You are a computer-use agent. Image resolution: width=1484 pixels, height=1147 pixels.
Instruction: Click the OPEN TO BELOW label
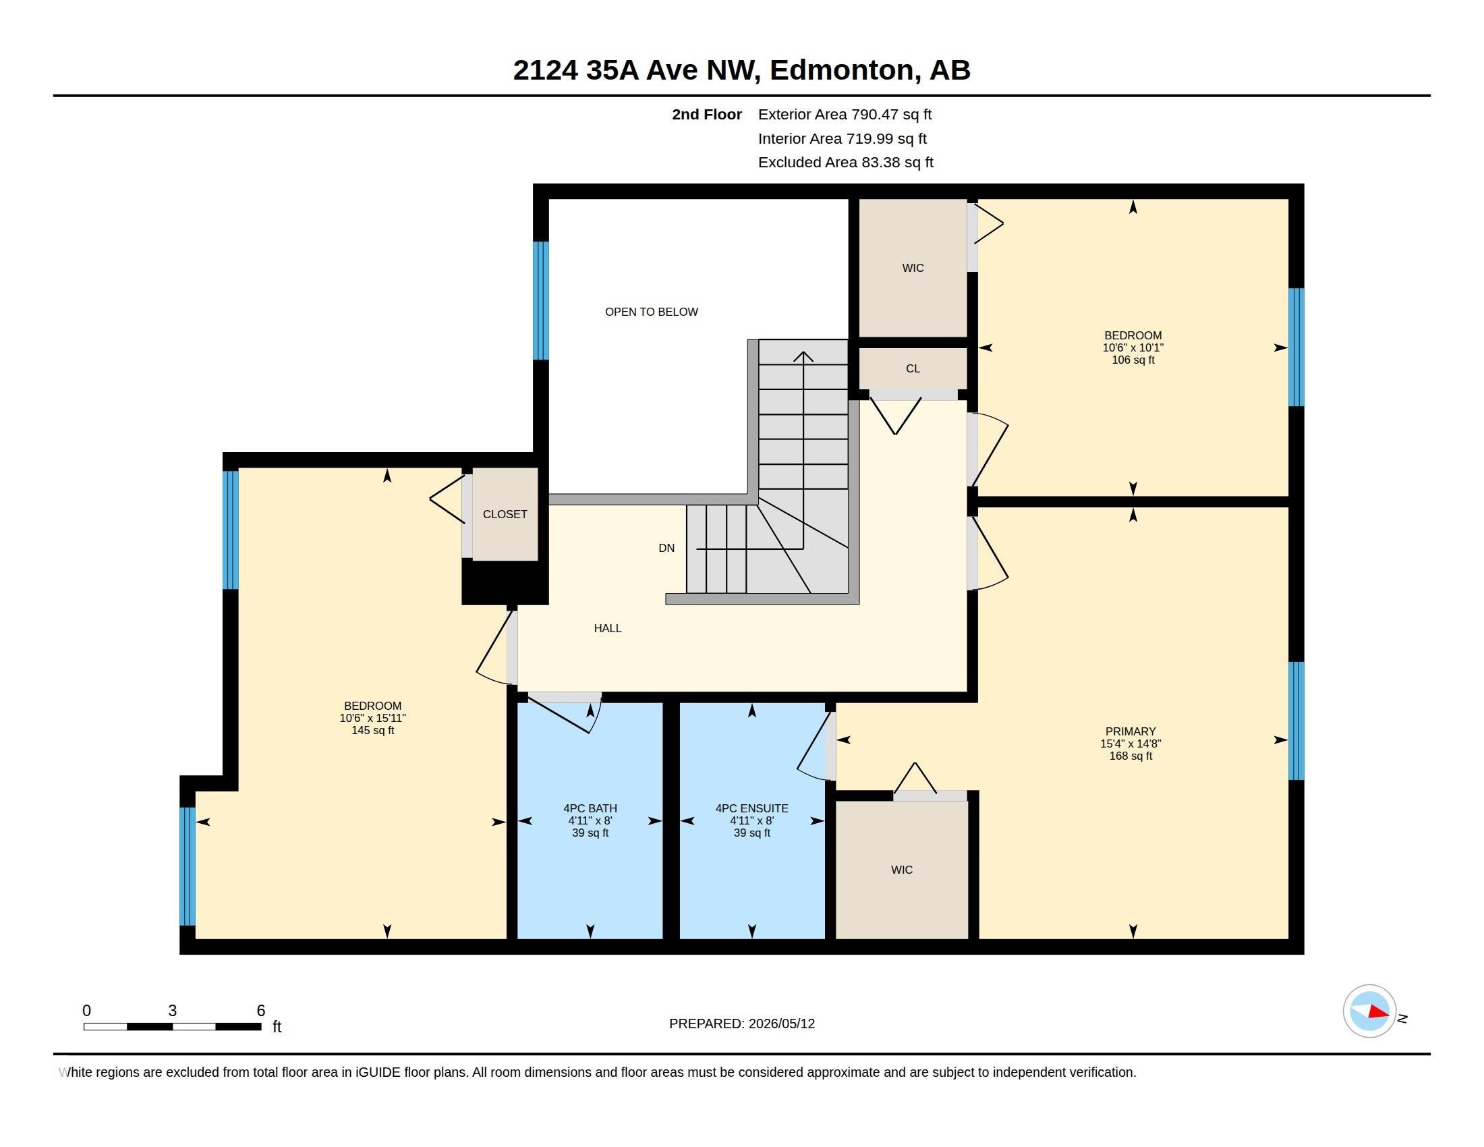click(x=651, y=312)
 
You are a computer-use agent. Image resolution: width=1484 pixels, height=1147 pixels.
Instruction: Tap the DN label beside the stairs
click(x=666, y=549)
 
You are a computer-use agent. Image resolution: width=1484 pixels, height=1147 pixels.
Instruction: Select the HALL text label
click(x=608, y=629)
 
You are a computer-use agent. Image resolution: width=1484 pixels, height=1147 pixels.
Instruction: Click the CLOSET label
click(x=505, y=514)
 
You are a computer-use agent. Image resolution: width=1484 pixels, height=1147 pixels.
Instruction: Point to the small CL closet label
click(x=913, y=368)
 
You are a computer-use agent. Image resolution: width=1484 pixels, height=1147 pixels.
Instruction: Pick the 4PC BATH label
click(x=590, y=808)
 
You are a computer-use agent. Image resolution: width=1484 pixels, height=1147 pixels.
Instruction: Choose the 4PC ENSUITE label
click(x=751, y=808)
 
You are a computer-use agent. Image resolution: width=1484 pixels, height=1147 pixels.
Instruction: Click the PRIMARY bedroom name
click(x=1131, y=732)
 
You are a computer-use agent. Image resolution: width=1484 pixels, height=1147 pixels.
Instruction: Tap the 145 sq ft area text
click(x=372, y=731)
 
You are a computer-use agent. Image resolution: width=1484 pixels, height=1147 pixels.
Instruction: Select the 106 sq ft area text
click(x=1133, y=360)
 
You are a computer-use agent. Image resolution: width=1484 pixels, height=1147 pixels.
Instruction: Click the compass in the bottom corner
click(x=1369, y=1011)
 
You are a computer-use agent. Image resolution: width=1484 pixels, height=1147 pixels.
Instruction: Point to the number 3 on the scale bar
click(x=173, y=1011)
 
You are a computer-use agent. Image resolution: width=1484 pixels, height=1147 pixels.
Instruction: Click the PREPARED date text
click(x=742, y=1024)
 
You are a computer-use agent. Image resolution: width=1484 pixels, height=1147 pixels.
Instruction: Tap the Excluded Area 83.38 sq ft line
click(x=845, y=163)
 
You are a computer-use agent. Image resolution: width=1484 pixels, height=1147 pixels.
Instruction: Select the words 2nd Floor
click(x=707, y=114)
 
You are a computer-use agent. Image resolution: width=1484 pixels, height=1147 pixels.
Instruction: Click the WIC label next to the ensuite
click(x=902, y=870)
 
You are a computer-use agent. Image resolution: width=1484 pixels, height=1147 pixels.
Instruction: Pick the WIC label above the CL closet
click(x=913, y=268)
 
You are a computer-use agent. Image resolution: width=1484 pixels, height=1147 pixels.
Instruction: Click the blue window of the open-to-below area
click(x=541, y=300)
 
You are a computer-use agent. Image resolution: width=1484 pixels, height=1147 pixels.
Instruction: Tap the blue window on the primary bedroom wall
click(x=1296, y=721)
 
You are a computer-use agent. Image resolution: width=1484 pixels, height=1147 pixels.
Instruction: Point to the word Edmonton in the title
click(x=841, y=70)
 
